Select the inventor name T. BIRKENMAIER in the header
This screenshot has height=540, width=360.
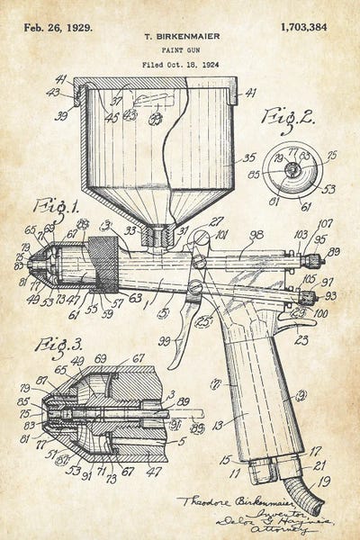point(181,37)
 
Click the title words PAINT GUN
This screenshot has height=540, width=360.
point(181,51)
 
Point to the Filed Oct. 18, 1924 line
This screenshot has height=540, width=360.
point(181,66)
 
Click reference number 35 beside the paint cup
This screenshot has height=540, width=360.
point(249,157)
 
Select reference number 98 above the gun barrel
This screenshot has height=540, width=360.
point(256,234)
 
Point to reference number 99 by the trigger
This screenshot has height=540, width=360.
point(166,340)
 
